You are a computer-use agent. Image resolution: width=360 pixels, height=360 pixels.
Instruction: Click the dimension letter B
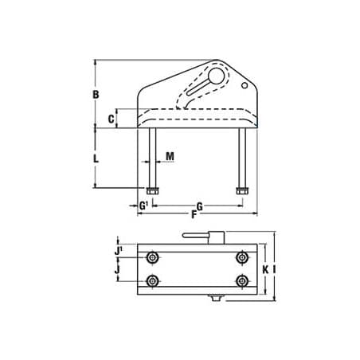click(x=96, y=95)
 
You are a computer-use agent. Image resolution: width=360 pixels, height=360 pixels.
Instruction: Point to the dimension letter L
click(x=96, y=158)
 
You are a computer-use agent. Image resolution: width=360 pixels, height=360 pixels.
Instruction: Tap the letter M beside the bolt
click(x=170, y=157)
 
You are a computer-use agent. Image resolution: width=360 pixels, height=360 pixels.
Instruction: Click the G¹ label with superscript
click(x=144, y=206)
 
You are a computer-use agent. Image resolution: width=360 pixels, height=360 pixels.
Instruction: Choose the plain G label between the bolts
click(x=199, y=206)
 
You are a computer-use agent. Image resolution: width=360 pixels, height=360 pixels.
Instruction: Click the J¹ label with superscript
click(x=119, y=251)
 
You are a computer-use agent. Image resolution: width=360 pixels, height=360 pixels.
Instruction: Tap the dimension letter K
click(x=265, y=269)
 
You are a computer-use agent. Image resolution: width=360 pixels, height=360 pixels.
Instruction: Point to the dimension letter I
click(x=274, y=269)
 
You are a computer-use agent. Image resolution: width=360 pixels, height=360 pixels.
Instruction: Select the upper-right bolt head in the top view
click(x=241, y=257)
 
